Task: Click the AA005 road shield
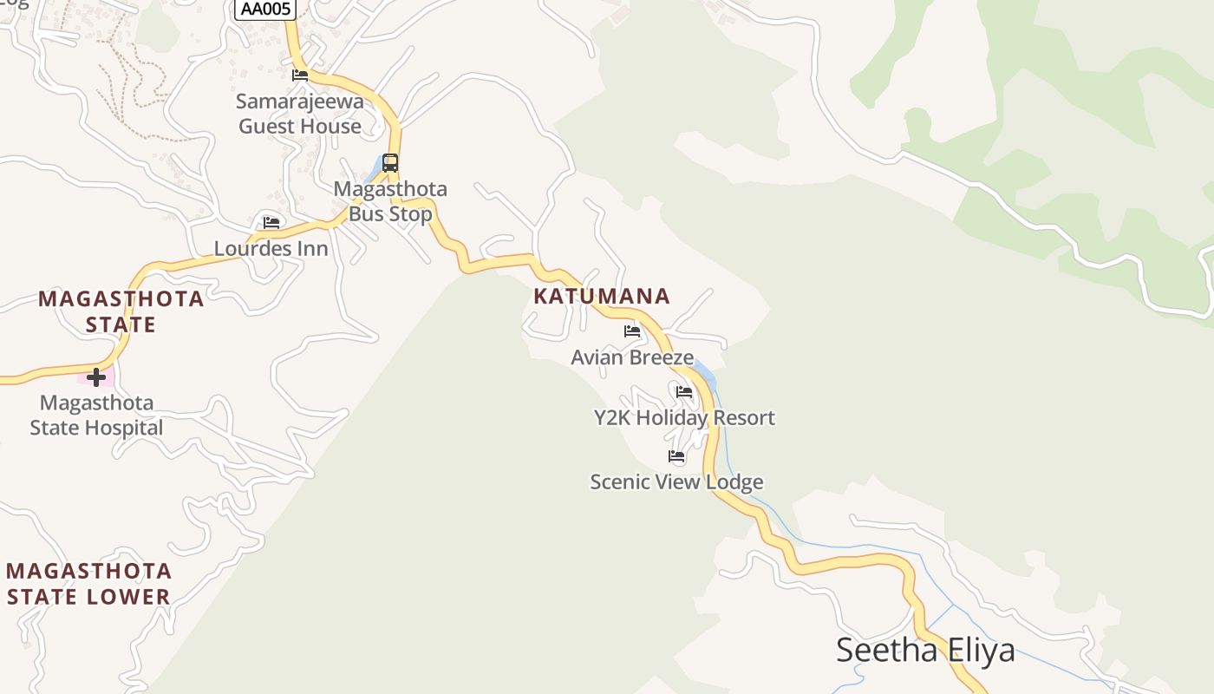265,9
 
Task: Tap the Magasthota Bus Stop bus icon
390,163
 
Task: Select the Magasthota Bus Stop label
390,201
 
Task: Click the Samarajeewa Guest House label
300,114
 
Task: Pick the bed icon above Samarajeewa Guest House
300,75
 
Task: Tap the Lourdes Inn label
271,249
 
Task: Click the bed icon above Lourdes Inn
271,223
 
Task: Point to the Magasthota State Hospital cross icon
96,377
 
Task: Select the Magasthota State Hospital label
96,415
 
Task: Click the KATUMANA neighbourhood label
602,296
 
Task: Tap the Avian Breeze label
632,357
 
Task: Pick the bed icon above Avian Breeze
632,331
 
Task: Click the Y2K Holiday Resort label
684,417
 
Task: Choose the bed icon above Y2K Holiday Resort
684,392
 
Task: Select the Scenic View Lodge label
676,481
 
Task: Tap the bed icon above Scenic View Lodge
676,456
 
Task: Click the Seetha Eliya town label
925,650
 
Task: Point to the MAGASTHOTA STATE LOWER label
88,584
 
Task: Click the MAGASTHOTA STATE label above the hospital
121,311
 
